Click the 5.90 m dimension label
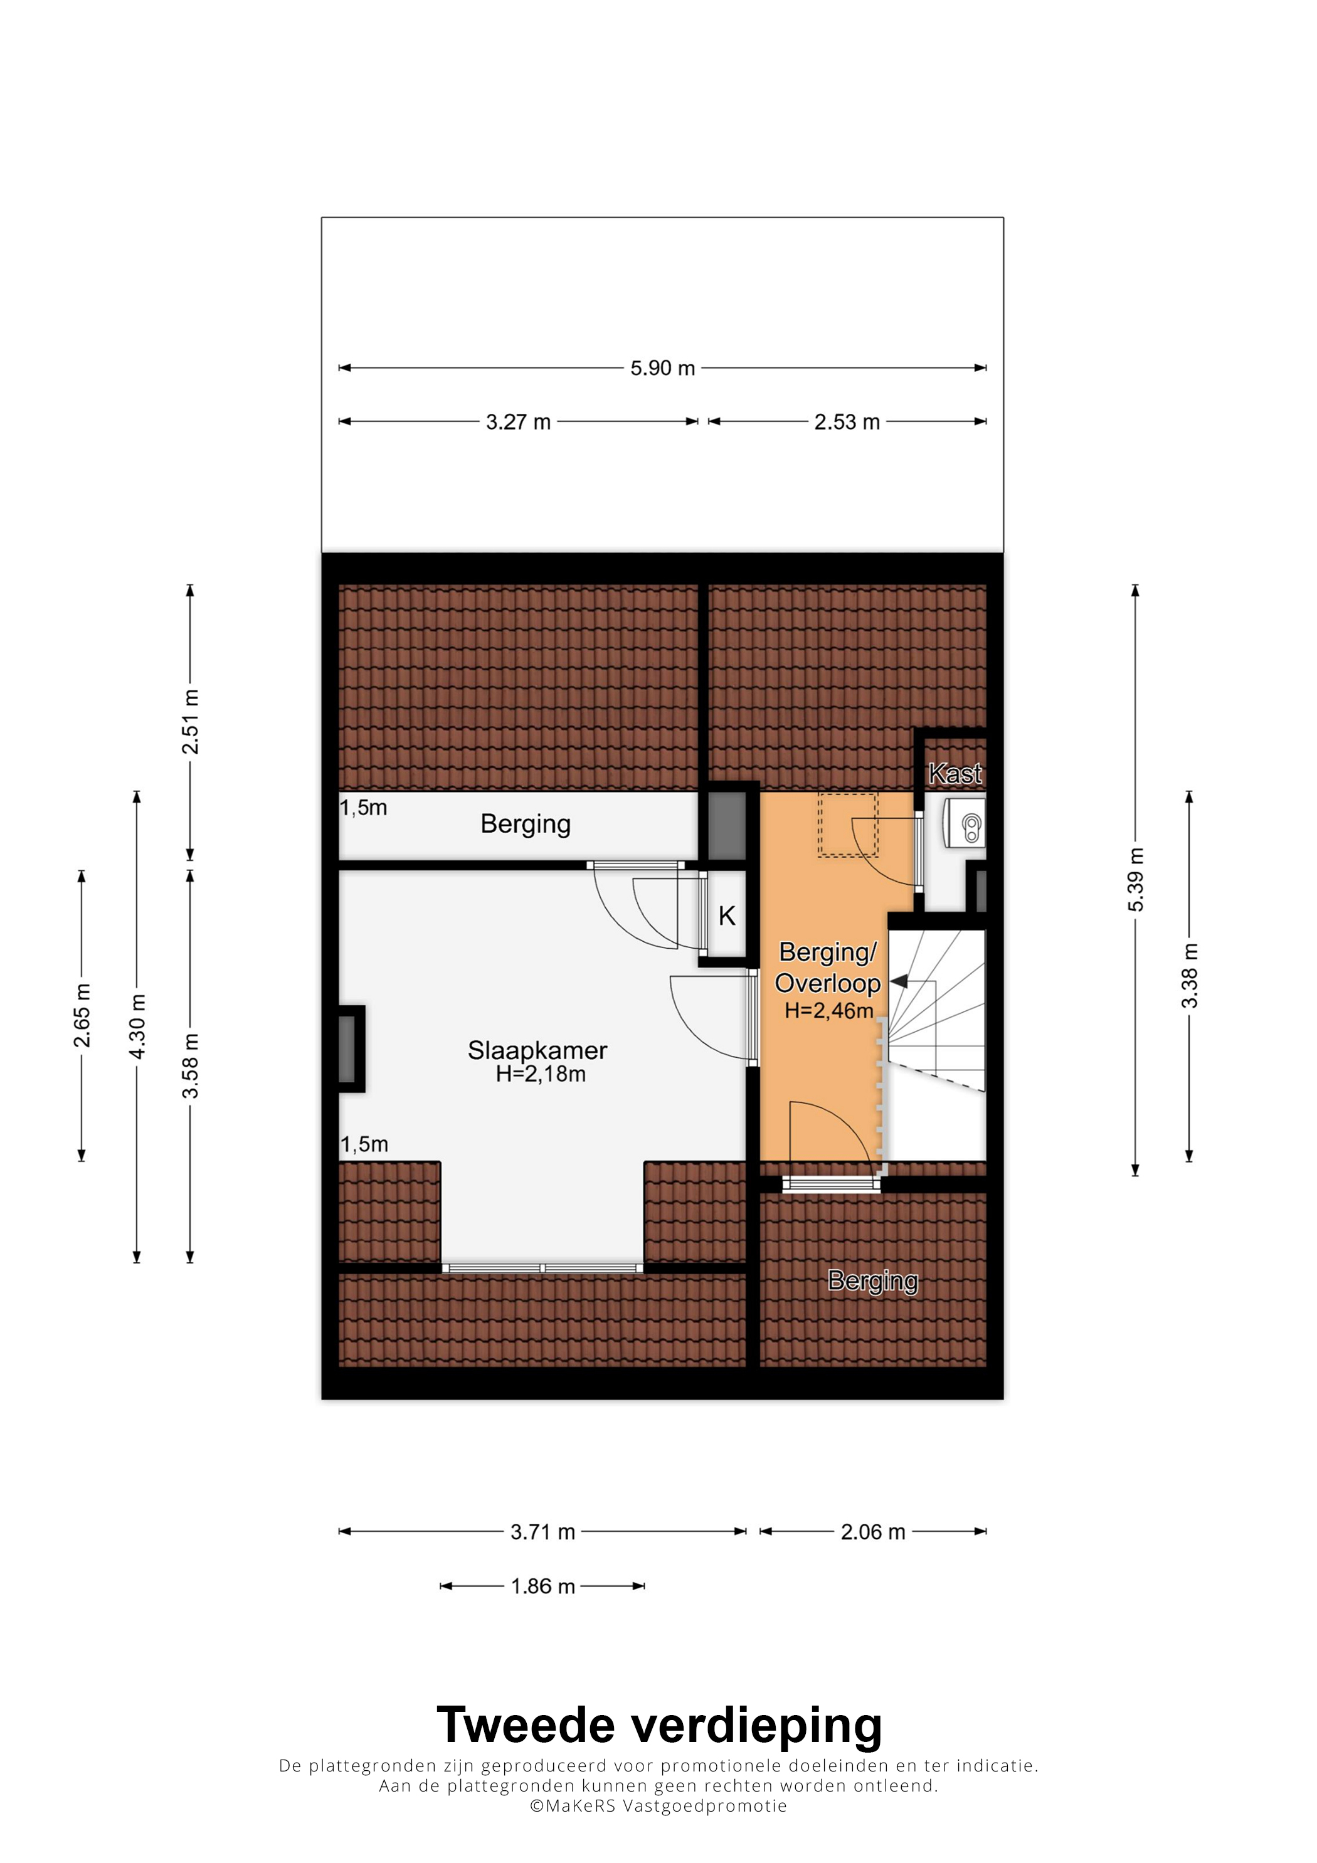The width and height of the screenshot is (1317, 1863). click(662, 368)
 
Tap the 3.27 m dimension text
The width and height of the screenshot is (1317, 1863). click(518, 422)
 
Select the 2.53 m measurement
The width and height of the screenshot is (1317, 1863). click(847, 422)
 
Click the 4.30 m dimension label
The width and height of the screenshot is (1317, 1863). click(137, 1026)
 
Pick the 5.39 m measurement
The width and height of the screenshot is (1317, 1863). click(1135, 880)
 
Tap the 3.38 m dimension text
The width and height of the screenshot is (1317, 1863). click(1189, 976)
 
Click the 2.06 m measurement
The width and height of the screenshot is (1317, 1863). click(872, 1532)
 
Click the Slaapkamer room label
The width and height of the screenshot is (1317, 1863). click(537, 1050)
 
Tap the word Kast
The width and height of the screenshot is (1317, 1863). click(955, 773)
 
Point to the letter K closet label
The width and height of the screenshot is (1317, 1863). click(726, 916)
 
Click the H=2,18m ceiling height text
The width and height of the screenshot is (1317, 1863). click(541, 1074)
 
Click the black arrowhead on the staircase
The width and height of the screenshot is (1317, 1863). click(898, 982)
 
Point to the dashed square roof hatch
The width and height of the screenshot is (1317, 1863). click(848, 825)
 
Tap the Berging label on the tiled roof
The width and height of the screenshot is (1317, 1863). click(872, 1280)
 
